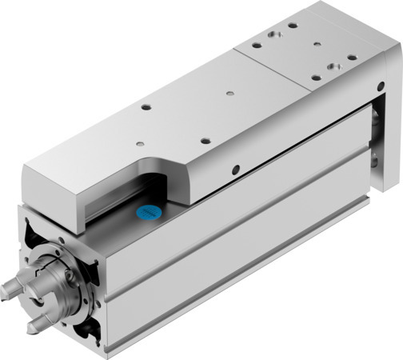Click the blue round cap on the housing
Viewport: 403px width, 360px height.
pos(150,214)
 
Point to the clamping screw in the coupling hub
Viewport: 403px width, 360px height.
pos(70,276)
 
